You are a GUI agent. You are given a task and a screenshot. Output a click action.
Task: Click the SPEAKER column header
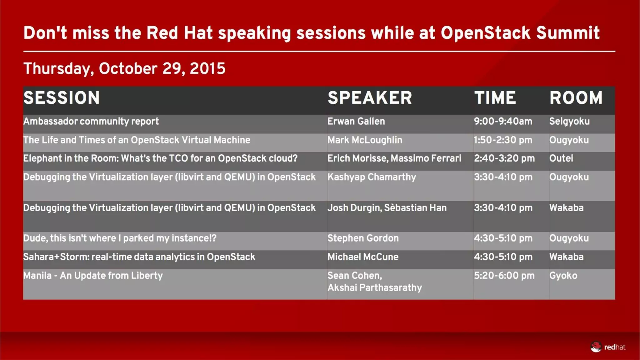(370, 98)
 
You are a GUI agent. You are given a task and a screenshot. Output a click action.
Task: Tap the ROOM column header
(576, 98)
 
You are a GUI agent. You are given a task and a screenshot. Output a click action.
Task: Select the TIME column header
(495, 98)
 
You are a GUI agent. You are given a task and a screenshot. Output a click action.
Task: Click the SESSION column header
(62, 98)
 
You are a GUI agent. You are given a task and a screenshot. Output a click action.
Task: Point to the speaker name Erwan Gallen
(356, 121)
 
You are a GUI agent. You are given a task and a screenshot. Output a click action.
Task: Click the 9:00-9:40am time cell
(503, 121)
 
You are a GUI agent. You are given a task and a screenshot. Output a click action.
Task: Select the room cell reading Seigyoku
(569, 121)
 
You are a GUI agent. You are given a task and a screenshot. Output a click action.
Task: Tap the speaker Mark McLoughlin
(365, 140)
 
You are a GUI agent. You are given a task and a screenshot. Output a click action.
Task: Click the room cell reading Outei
(561, 158)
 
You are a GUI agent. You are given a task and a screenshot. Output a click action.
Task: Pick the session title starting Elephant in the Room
(160, 158)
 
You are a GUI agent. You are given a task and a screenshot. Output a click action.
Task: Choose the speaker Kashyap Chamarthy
(372, 177)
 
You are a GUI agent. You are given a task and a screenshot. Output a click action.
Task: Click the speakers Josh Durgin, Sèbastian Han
(387, 208)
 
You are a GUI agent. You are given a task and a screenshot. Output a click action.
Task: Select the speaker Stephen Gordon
(363, 238)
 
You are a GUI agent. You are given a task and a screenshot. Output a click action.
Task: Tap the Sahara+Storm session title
(139, 257)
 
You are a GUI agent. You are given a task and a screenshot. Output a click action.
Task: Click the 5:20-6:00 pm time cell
(504, 276)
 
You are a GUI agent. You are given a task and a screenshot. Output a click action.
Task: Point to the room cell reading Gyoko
(563, 276)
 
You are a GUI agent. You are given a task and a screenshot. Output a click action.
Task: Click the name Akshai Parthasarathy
(374, 287)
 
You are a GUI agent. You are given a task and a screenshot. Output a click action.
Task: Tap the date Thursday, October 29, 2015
(124, 68)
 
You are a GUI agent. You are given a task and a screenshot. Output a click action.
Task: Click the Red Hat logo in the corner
(608, 347)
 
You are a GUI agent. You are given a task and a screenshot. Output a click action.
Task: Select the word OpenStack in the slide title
(485, 33)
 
